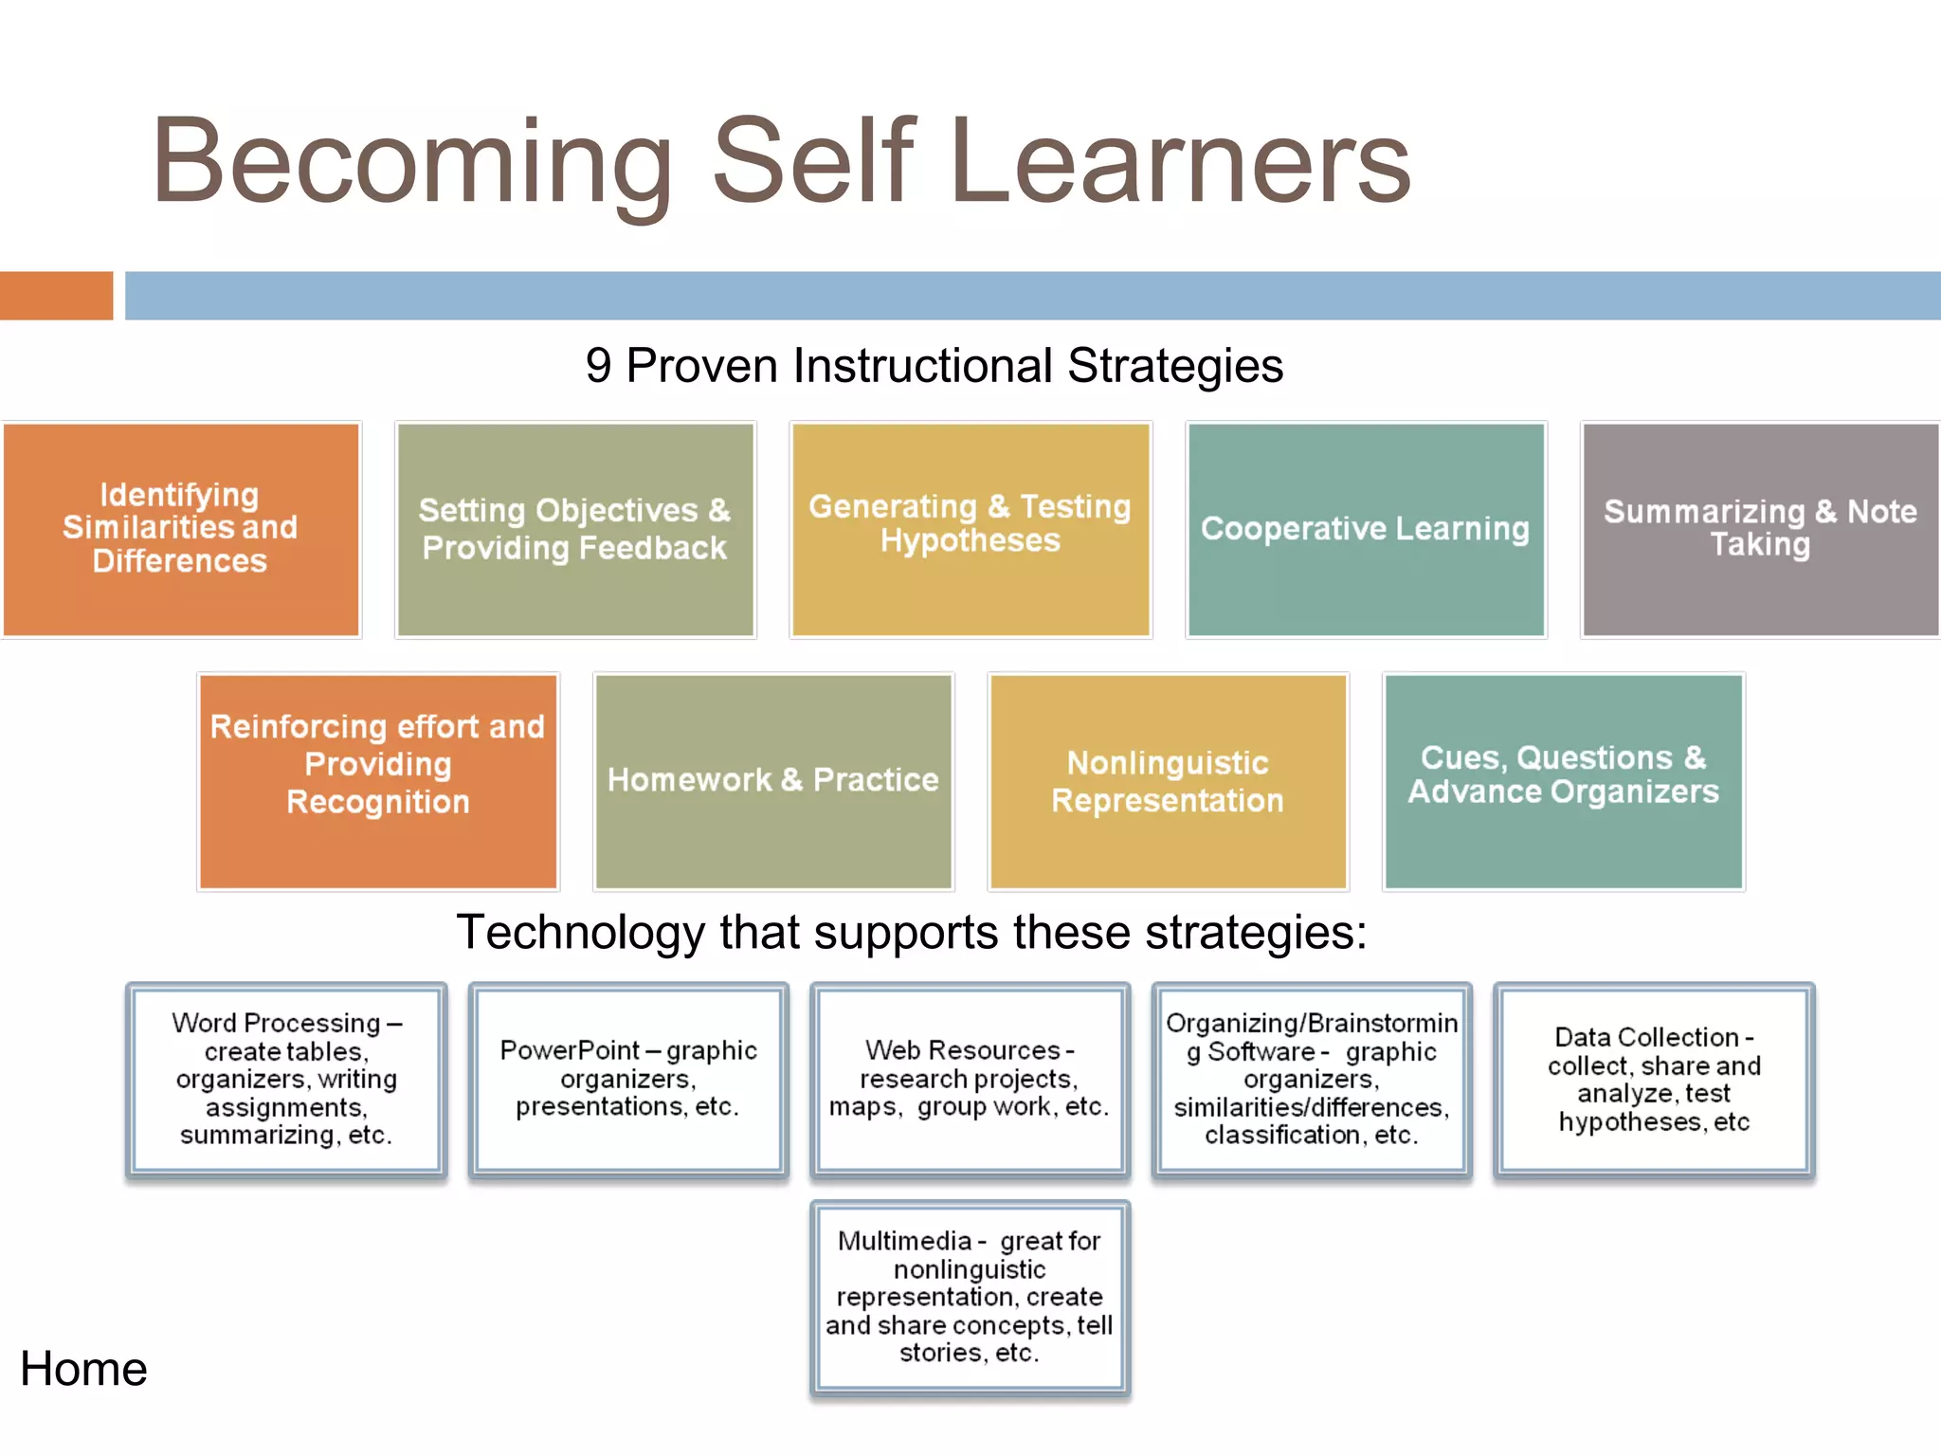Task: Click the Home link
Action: click(x=83, y=1369)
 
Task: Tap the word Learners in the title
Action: click(x=1180, y=161)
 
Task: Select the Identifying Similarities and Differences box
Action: click(x=181, y=529)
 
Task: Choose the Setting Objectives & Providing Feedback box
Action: click(x=575, y=529)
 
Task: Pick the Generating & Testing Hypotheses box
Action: click(x=970, y=529)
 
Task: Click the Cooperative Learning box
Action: click(x=1366, y=529)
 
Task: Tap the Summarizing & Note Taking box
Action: click(x=1760, y=529)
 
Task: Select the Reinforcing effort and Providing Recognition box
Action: click(x=378, y=781)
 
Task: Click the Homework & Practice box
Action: click(x=773, y=781)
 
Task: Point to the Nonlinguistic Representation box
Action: click(x=1168, y=781)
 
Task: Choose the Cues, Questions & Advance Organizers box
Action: click(x=1563, y=781)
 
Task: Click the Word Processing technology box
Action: click(x=286, y=1080)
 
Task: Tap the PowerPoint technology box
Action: click(x=628, y=1080)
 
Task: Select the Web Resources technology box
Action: click(x=970, y=1080)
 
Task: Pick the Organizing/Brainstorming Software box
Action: click(x=1312, y=1080)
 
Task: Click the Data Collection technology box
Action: click(x=1654, y=1080)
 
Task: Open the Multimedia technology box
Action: click(x=970, y=1298)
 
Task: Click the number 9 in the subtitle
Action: click(x=598, y=366)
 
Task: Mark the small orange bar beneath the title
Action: click(x=56, y=296)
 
